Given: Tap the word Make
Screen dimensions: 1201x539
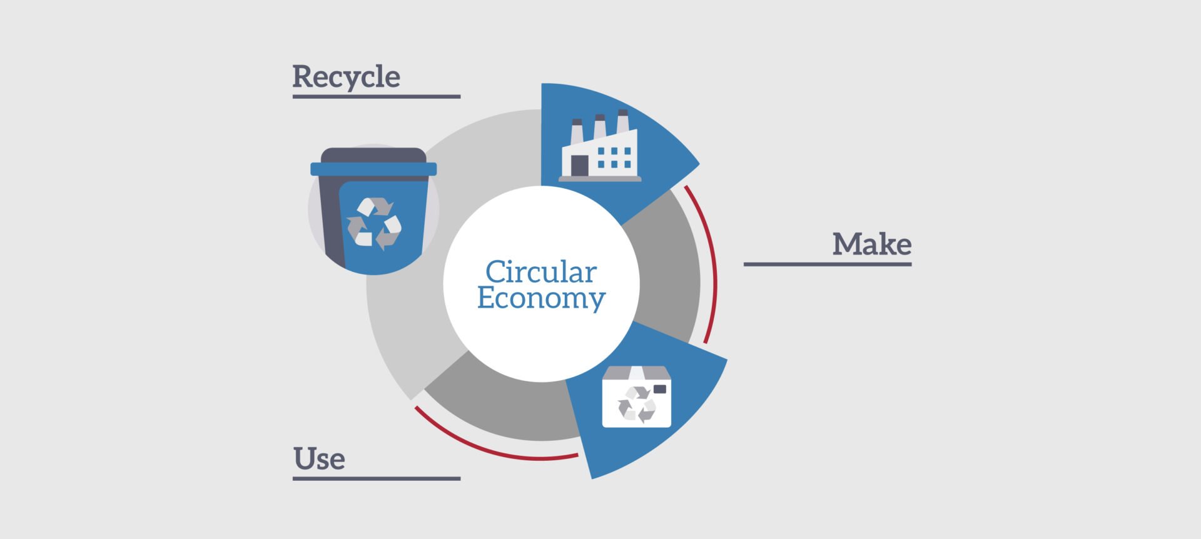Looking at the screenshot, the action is (871, 244).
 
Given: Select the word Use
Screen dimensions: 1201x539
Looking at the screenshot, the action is (319, 458).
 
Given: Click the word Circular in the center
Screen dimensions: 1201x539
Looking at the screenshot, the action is (541, 271).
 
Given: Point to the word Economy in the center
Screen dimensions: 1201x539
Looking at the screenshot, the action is (541, 299).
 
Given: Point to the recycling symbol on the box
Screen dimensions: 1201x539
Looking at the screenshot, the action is (636, 404).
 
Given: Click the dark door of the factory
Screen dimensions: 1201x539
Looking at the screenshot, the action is (580, 166).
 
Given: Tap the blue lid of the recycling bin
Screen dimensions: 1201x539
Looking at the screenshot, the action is (373, 169).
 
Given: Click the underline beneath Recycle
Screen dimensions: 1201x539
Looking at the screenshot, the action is (377, 97).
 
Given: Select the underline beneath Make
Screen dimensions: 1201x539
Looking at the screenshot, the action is (828, 264).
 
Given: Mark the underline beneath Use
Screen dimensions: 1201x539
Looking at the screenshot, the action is (377, 479).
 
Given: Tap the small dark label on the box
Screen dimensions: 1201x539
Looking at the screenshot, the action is (659, 389).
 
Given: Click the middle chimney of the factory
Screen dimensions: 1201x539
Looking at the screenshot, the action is (600, 127).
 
